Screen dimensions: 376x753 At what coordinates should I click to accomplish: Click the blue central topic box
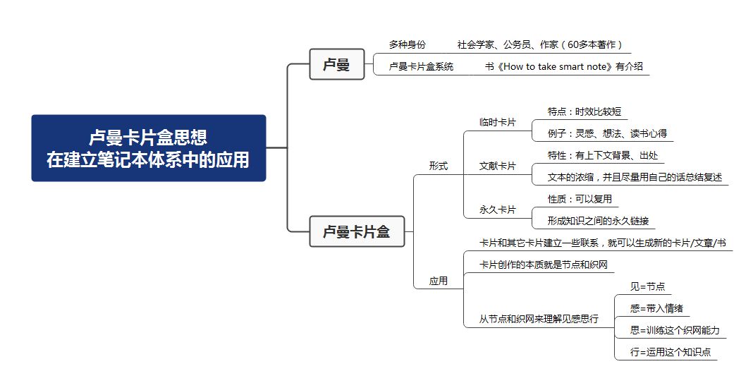tap(148, 148)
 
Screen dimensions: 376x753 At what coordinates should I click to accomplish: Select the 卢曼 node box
tap(336, 65)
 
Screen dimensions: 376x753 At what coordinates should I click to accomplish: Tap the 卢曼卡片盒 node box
tap(356, 231)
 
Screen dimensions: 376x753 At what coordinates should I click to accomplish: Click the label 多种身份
tap(408, 44)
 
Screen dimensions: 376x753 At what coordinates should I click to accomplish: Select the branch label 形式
tap(439, 166)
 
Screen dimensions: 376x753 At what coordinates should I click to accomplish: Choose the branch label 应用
tap(439, 281)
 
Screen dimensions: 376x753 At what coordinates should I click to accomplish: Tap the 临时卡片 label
tap(497, 122)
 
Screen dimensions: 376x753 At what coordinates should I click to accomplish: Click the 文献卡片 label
tap(497, 166)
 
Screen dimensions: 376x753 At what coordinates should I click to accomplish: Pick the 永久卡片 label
tap(497, 210)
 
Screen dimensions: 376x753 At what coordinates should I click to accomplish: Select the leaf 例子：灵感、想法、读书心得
tap(607, 133)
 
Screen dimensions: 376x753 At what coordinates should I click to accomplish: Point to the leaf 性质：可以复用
tap(580, 199)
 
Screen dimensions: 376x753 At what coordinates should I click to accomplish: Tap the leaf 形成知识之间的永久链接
tap(598, 221)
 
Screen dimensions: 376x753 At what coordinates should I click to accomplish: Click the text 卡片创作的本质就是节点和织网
tap(543, 265)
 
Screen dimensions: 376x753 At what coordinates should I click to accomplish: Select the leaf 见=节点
tap(647, 286)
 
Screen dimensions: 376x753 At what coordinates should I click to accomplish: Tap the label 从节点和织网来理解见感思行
tap(539, 319)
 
